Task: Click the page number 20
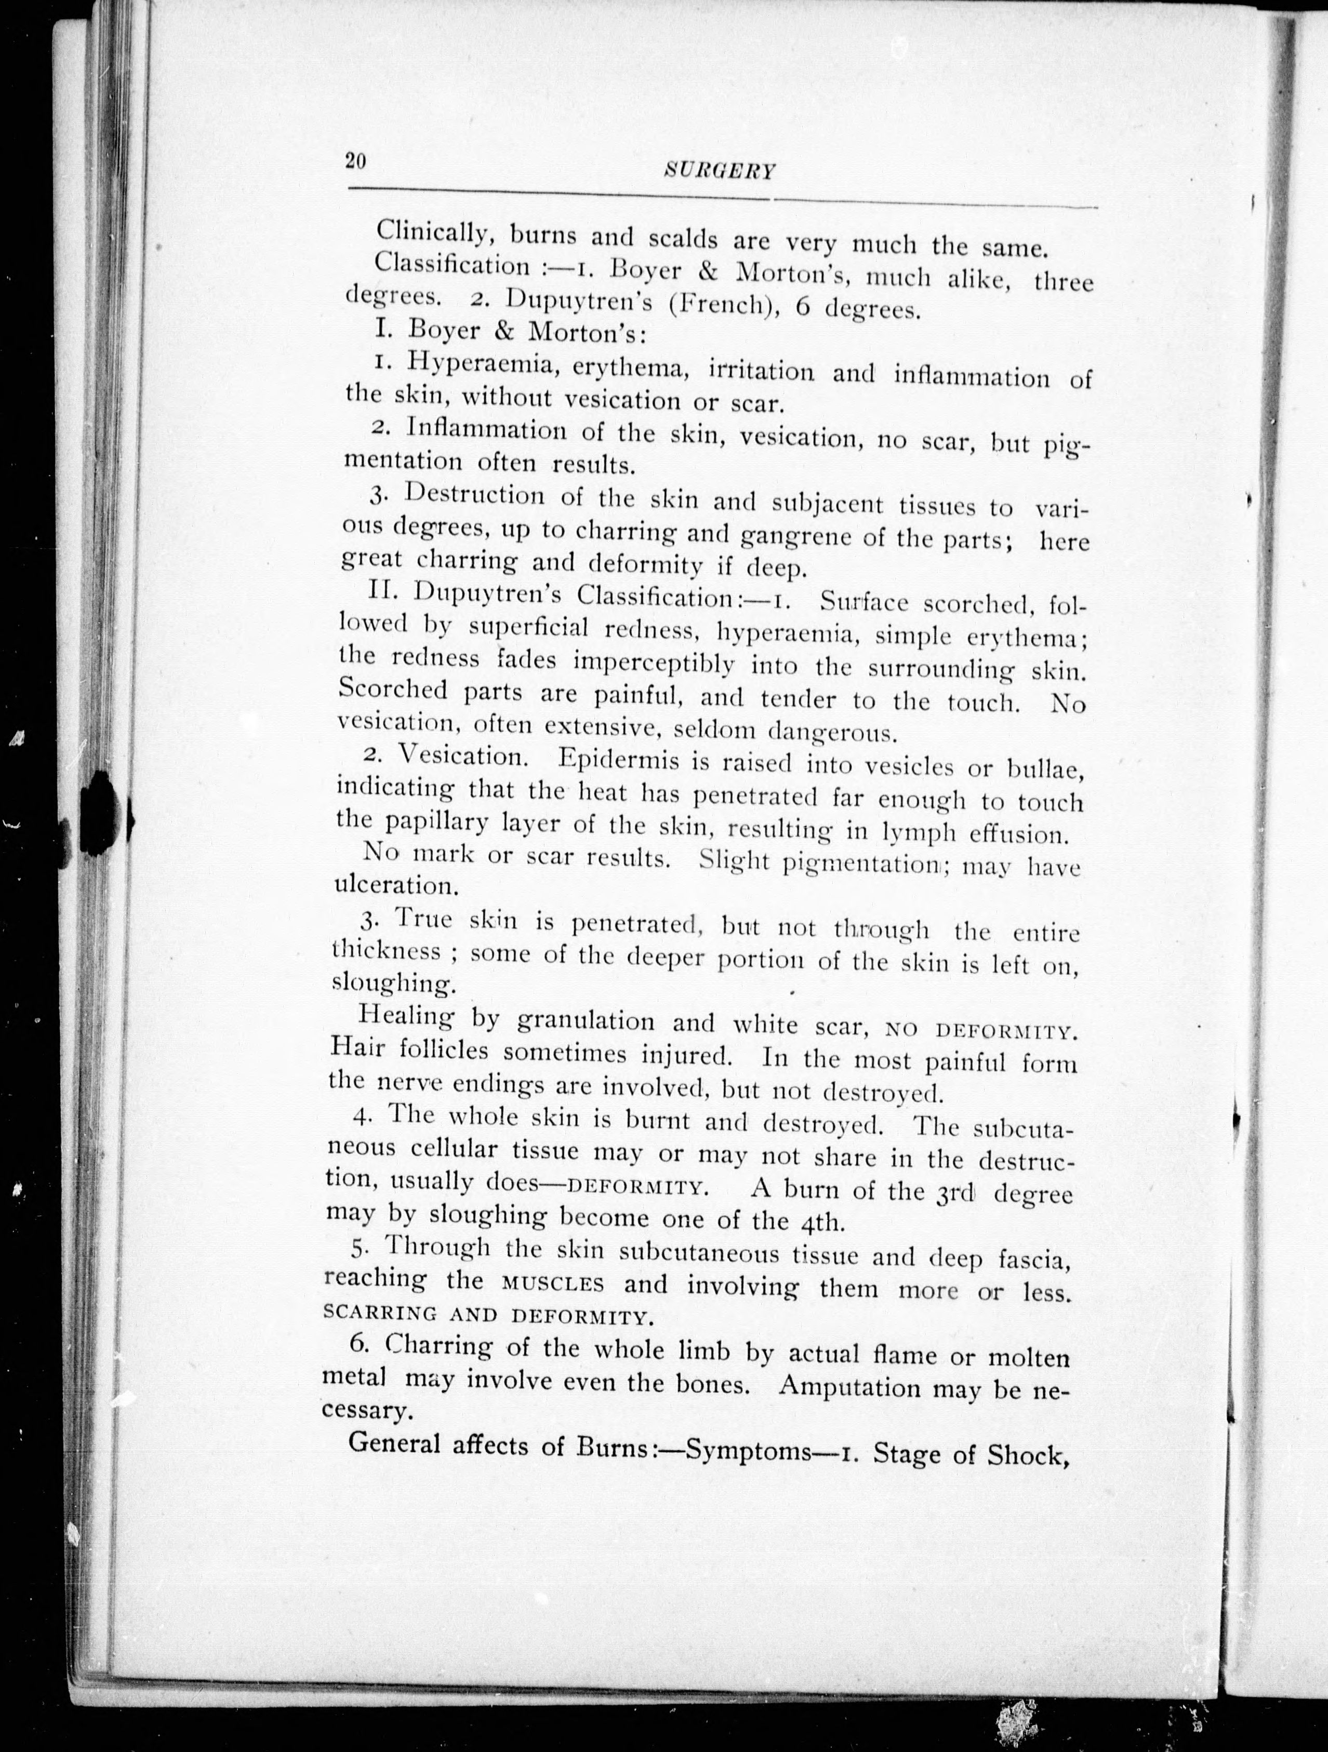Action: (x=354, y=161)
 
